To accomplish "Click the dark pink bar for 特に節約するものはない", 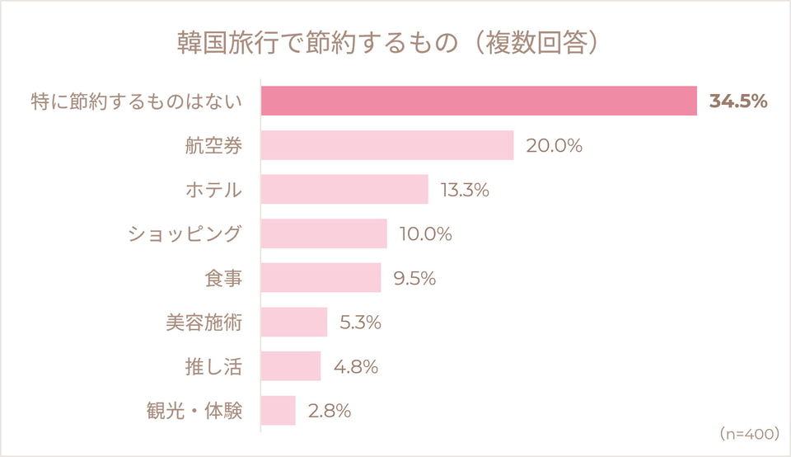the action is tap(479, 101).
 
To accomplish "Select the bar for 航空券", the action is tap(387, 145).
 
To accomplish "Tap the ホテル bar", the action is tap(344, 190).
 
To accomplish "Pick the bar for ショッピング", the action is tap(324, 233).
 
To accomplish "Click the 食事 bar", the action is tap(321, 277).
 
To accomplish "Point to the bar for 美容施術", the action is tap(294, 322).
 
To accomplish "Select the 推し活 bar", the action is tap(291, 365).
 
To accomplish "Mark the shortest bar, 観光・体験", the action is tap(278, 410).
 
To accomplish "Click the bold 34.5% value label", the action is tap(738, 101).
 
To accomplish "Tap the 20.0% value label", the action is tap(554, 146).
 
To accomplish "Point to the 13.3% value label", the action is tap(465, 190).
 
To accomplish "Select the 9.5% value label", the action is tap(414, 278).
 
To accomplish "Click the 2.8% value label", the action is tap(330, 411).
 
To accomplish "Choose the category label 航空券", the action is tap(214, 146).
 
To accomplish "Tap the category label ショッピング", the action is tap(185, 233).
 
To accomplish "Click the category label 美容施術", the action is tap(204, 323).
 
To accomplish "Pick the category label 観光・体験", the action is tap(194, 411).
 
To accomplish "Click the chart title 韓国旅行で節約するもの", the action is tap(317, 42).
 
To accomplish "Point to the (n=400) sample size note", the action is tap(750, 434).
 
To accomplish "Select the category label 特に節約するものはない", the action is tap(137, 101).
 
